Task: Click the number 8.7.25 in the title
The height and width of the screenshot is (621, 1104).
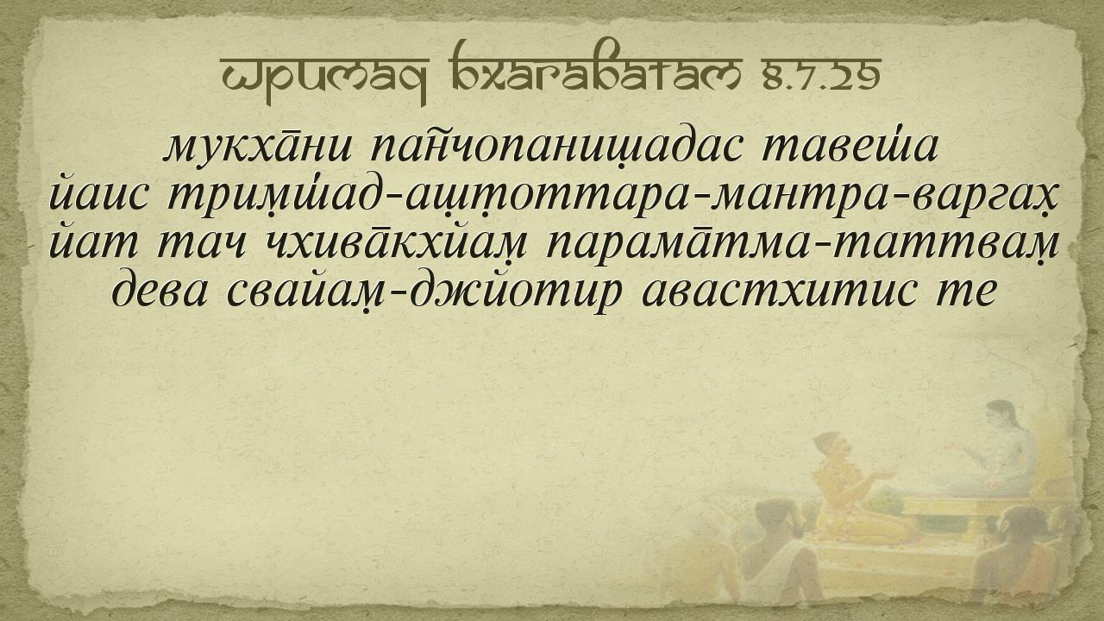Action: pyautogui.click(x=822, y=77)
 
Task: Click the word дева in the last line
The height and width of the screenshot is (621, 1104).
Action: pyautogui.click(x=160, y=292)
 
